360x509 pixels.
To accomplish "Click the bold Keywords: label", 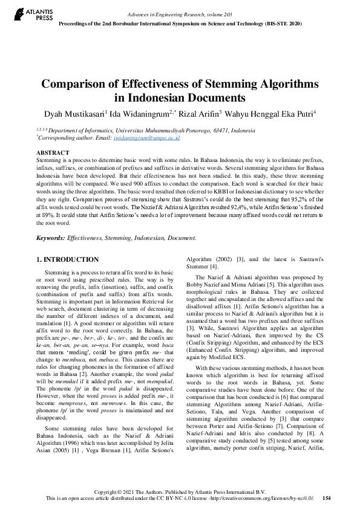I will pos(51,239).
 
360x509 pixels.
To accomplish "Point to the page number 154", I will pos(327,498).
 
